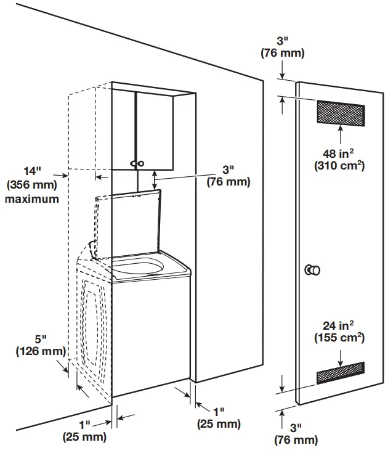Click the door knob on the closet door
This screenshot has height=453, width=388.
(313, 270)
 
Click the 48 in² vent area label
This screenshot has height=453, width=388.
(340, 159)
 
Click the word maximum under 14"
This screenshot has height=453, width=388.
(32, 199)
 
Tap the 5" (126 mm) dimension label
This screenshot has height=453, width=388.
(40, 345)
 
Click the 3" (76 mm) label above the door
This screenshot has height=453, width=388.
(282, 47)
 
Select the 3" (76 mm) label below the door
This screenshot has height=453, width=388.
(296, 434)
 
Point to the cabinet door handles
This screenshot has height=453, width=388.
(137, 163)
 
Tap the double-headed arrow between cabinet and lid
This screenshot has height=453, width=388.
(155, 180)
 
